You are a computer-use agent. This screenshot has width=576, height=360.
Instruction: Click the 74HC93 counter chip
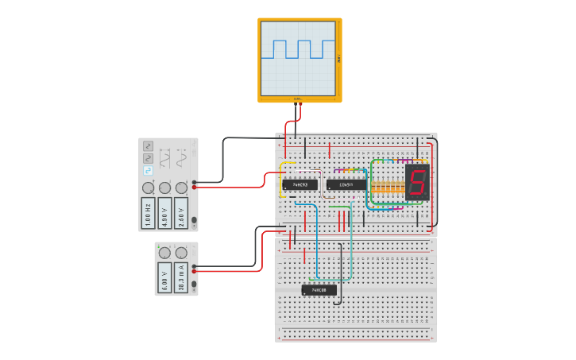(300, 184)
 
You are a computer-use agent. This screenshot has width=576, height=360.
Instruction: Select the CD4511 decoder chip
(346, 184)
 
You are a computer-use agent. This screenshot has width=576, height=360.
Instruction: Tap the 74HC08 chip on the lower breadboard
(319, 290)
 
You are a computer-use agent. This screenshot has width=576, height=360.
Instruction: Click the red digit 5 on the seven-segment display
(417, 183)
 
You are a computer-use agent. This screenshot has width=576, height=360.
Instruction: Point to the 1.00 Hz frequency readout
(148, 213)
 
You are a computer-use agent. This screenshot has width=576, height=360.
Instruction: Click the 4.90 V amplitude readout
(164, 213)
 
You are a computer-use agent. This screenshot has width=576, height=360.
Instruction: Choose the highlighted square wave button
(148, 171)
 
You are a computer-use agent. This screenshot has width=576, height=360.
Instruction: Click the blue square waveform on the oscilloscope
(300, 49)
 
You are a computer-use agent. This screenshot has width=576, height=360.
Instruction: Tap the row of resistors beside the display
(387, 187)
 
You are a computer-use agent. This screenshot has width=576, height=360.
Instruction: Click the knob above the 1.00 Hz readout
(148, 188)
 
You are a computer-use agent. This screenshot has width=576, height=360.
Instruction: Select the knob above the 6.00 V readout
(164, 253)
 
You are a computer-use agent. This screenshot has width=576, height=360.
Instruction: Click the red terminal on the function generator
(195, 188)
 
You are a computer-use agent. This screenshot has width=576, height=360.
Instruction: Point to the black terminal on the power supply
(195, 265)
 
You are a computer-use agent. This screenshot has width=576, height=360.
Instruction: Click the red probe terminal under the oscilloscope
(295, 103)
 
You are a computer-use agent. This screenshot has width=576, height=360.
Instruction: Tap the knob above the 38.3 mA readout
(181, 253)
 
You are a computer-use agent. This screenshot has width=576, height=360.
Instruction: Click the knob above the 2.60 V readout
(181, 188)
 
